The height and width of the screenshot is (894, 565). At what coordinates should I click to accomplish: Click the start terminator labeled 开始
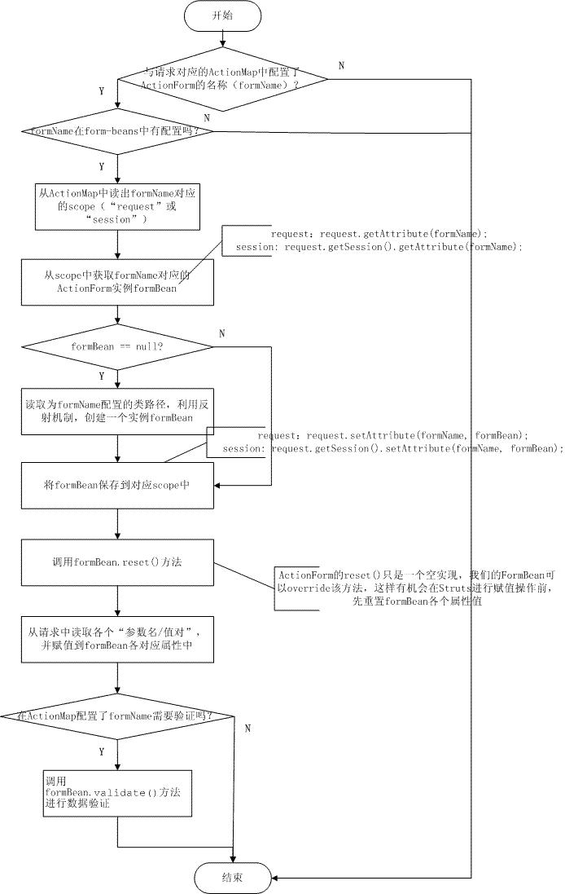[223, 15]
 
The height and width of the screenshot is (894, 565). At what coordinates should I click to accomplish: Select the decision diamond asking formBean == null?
[119, 347]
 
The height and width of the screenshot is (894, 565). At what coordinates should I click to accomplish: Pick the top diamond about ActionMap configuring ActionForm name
[222, 79]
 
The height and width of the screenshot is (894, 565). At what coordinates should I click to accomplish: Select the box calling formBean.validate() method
[119, 791]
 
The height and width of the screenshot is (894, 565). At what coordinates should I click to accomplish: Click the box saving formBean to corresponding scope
[119, 486]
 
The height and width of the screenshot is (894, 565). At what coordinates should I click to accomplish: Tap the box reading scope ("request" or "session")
[118, 206]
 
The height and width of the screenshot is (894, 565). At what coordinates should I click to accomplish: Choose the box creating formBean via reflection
[119, 412]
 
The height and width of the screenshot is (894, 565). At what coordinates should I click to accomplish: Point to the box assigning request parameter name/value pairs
[119, 638]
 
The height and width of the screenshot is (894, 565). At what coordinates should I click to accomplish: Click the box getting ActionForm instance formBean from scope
[119, 282]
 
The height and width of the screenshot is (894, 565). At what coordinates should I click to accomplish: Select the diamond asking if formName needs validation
[119, 716]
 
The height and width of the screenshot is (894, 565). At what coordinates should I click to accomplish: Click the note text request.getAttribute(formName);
[379, 234]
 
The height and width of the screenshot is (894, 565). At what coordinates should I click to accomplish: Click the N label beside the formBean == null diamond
[223, 333]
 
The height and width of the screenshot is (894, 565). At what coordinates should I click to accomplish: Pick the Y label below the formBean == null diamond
[102, 377]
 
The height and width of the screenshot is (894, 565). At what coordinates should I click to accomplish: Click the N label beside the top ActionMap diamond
[341, 65]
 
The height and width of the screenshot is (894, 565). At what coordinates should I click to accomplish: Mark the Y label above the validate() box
[102, 751]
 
